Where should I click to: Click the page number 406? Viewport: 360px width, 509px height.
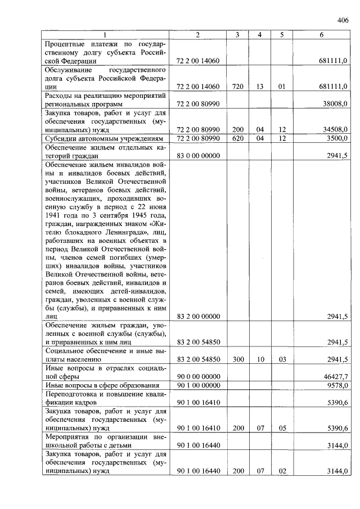click(343, 21)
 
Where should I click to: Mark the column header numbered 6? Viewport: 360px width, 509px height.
click(321, 35)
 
